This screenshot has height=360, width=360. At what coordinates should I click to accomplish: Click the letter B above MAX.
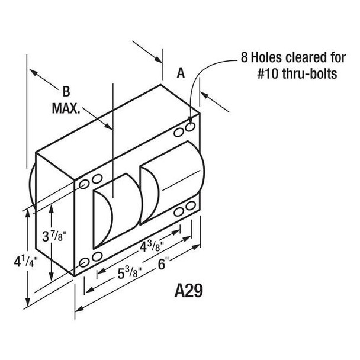tap(66, 92)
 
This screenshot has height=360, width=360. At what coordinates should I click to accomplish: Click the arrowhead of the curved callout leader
tap(191, 120)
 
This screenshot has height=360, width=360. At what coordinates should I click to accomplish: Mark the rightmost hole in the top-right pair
tap(191, 127)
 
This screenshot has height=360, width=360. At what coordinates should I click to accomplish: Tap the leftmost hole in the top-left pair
tap(84, 181)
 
